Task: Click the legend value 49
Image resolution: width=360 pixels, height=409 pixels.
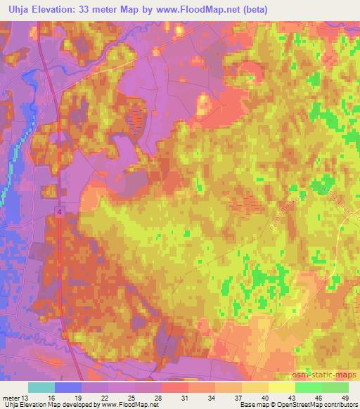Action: tap(343, 397)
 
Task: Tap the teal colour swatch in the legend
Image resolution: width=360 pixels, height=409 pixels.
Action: tap(41, 387)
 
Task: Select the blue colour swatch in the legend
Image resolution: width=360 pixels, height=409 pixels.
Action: tap(68, 387)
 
